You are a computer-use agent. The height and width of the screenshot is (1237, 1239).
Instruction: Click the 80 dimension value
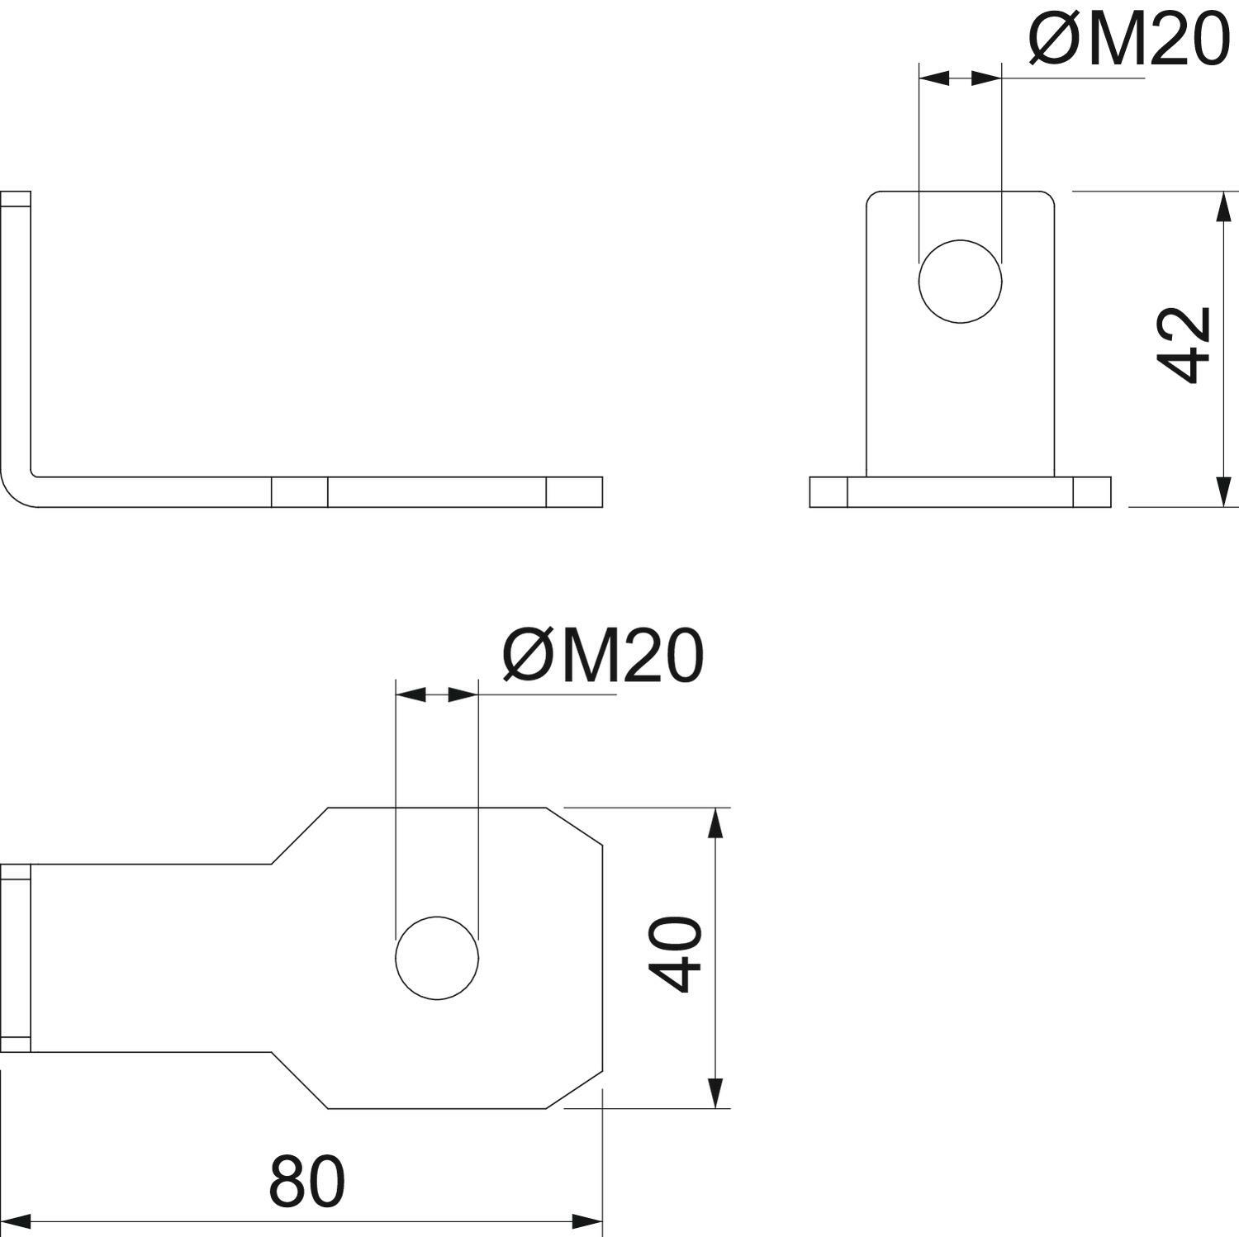(306, 1182)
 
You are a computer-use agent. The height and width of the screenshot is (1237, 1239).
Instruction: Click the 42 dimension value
(1183, 345)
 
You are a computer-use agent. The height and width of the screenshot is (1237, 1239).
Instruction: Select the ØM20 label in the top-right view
(1129, 40)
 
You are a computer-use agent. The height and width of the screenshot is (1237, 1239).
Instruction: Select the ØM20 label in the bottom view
(603, 656)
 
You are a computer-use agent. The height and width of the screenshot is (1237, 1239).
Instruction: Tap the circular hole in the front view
(960, 281)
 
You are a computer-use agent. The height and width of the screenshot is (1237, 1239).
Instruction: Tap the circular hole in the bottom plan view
(437, 958)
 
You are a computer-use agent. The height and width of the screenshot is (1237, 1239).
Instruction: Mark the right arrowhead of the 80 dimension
(588, 1220)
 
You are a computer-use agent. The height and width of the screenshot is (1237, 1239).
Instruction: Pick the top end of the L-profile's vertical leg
(16, 192)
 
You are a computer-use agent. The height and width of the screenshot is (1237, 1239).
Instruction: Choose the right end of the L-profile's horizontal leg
(601, 491)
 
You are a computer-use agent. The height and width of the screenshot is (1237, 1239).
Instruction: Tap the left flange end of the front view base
(828, 491)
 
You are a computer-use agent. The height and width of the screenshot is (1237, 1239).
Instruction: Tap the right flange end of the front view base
(1092, 491)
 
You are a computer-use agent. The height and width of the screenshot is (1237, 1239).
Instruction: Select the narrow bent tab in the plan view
(16, 958)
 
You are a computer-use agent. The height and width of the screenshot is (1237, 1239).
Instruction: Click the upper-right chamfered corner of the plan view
(574, 826)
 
